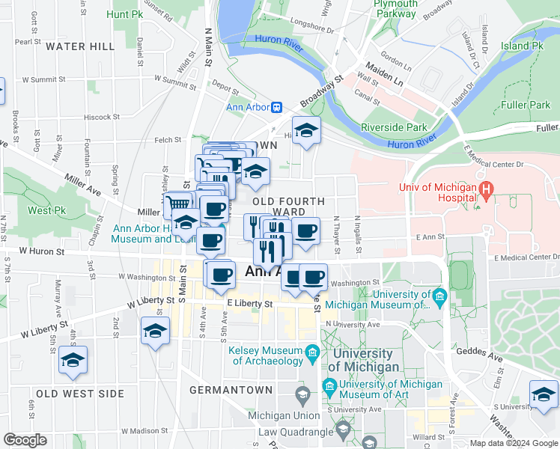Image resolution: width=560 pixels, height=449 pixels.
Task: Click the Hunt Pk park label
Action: point(124,14)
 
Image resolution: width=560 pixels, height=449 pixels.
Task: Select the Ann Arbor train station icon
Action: point(276,107)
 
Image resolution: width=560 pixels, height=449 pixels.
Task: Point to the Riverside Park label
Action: point(393,127)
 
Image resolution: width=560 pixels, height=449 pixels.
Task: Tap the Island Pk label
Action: point(522,46)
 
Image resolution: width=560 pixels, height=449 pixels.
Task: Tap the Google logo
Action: point(25,440)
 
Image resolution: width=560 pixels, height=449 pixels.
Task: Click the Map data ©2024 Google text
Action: point(513,443)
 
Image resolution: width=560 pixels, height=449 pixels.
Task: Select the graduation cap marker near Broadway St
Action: point(306,132)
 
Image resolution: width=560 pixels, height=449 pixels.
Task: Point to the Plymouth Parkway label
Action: point(395,8)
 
